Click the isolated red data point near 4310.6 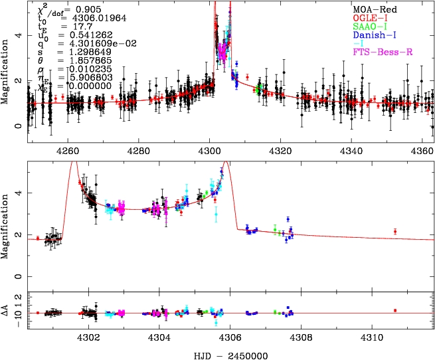pyautogui.click(x=395, y=231)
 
